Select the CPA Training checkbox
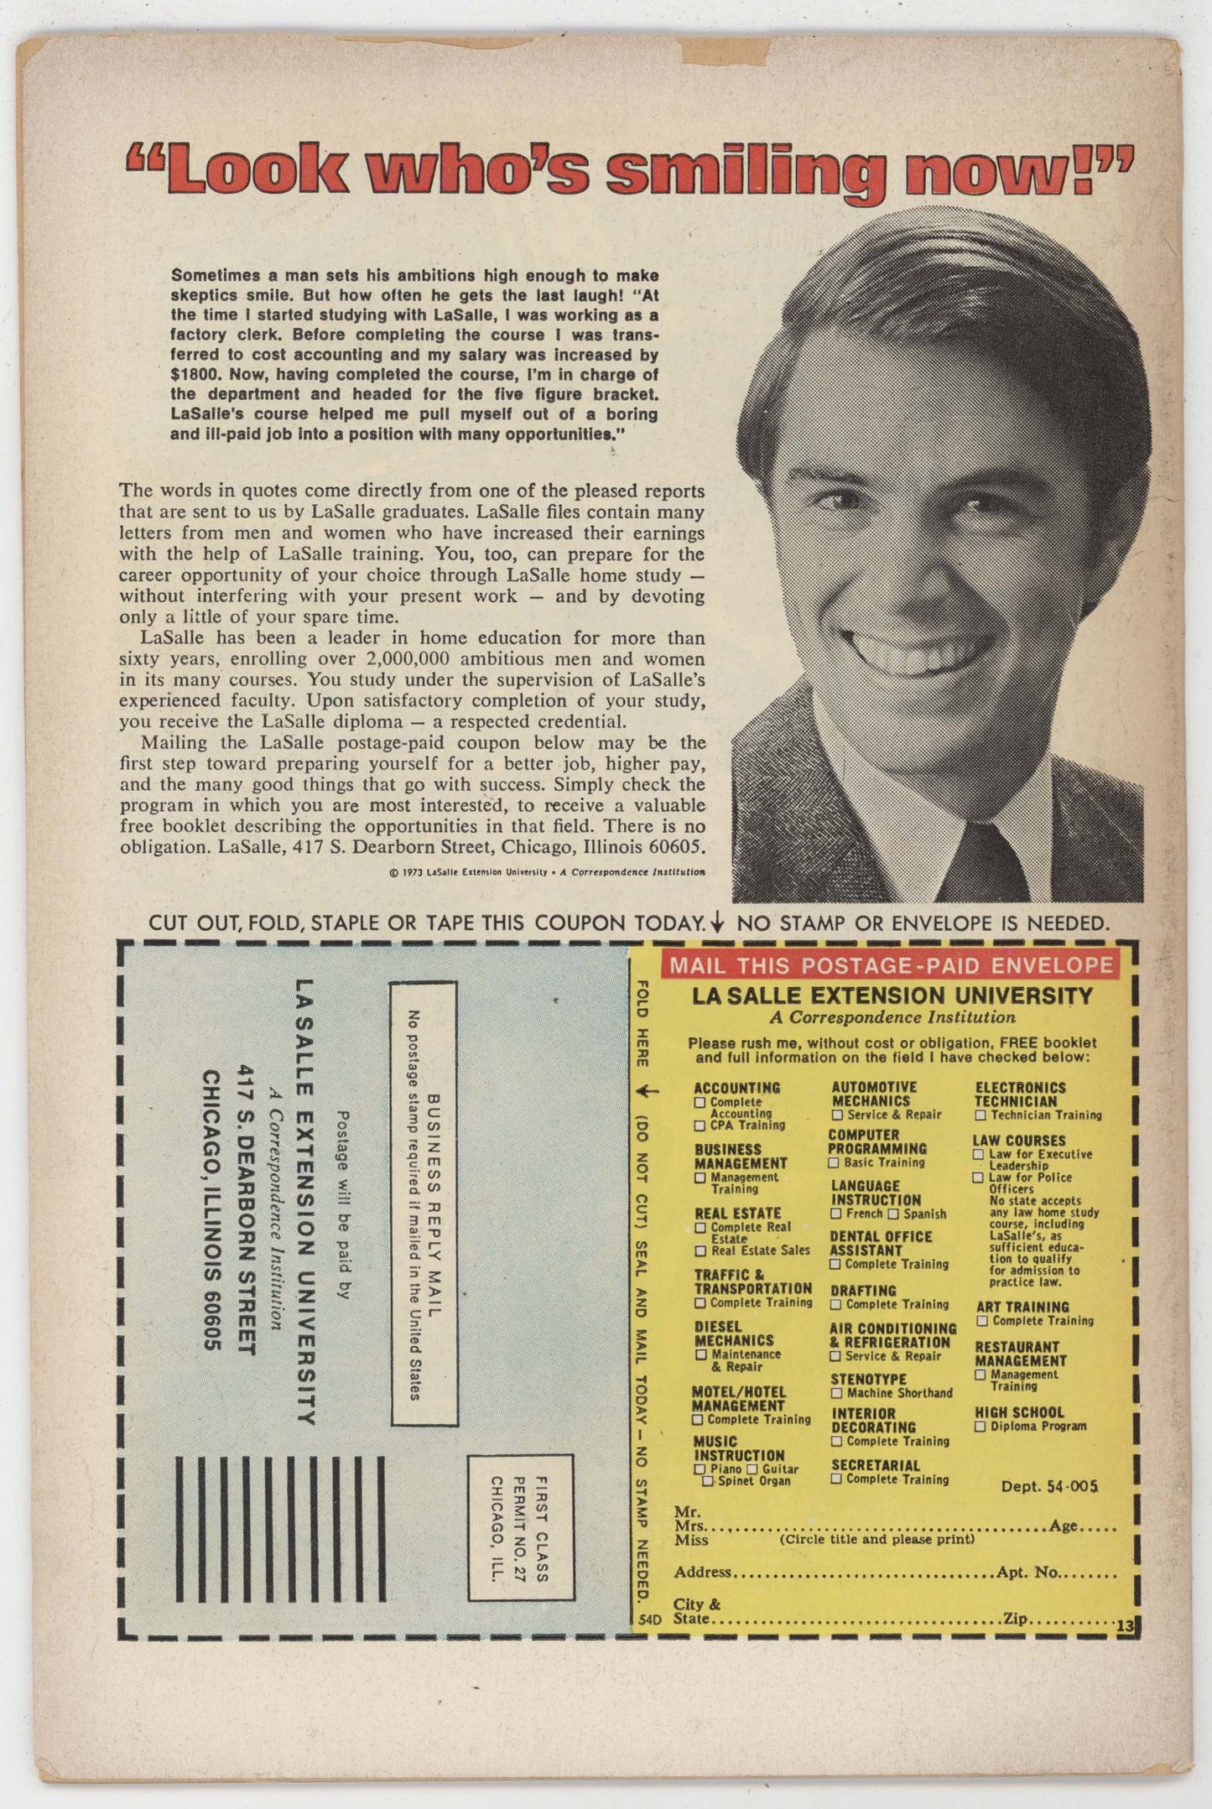coord(700,1125)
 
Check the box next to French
coord(836,1214)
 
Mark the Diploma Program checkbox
coord(980,1426)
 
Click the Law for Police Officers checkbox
coord(978,1177)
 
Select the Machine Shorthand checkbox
coord(836,1393)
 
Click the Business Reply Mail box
coord(424,1203)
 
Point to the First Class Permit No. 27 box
coord(521,1527)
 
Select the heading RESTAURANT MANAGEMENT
coord(1020,1354)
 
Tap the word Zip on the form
coord(1015,1619)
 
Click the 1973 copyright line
coord(547,872)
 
